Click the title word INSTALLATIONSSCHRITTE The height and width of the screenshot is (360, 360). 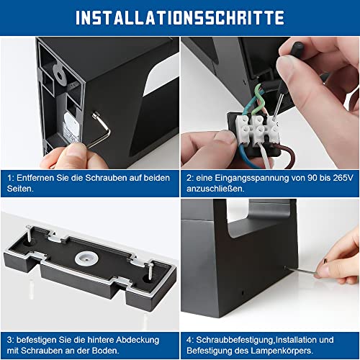pos(180,17)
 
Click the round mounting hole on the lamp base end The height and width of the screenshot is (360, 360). pos(59,75)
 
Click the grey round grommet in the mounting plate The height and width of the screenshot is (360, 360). pos(86,258)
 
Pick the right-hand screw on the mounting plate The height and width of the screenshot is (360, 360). pos(150,271)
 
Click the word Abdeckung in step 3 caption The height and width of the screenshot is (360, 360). pos(138,340)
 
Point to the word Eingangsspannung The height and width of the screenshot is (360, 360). pos(252,179)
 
